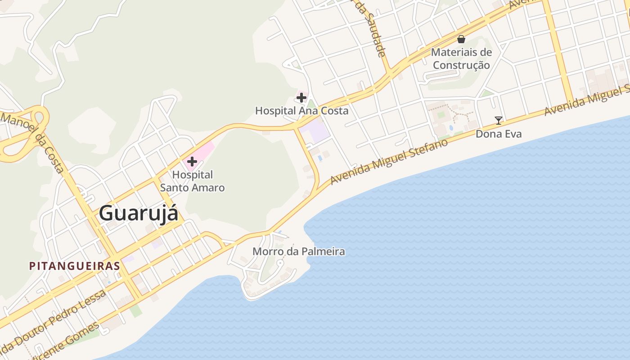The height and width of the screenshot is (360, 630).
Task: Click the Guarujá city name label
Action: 138,213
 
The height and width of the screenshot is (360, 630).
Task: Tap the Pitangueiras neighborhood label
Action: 75,266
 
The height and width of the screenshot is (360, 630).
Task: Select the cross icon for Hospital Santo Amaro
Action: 192,162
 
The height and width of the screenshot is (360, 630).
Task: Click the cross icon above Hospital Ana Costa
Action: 301,97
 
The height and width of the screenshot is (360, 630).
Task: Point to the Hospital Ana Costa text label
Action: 301,111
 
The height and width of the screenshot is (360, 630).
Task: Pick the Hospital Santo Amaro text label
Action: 193,181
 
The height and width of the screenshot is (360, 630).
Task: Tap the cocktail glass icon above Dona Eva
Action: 499,120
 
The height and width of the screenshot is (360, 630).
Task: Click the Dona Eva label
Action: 499,134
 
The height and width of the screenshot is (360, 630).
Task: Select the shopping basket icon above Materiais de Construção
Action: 461,39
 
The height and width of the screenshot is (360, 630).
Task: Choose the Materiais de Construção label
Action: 461,58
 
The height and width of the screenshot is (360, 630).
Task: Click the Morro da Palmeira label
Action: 299,252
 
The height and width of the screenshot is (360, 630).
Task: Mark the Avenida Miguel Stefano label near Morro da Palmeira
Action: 389,162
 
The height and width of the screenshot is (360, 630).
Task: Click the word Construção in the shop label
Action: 461,65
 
